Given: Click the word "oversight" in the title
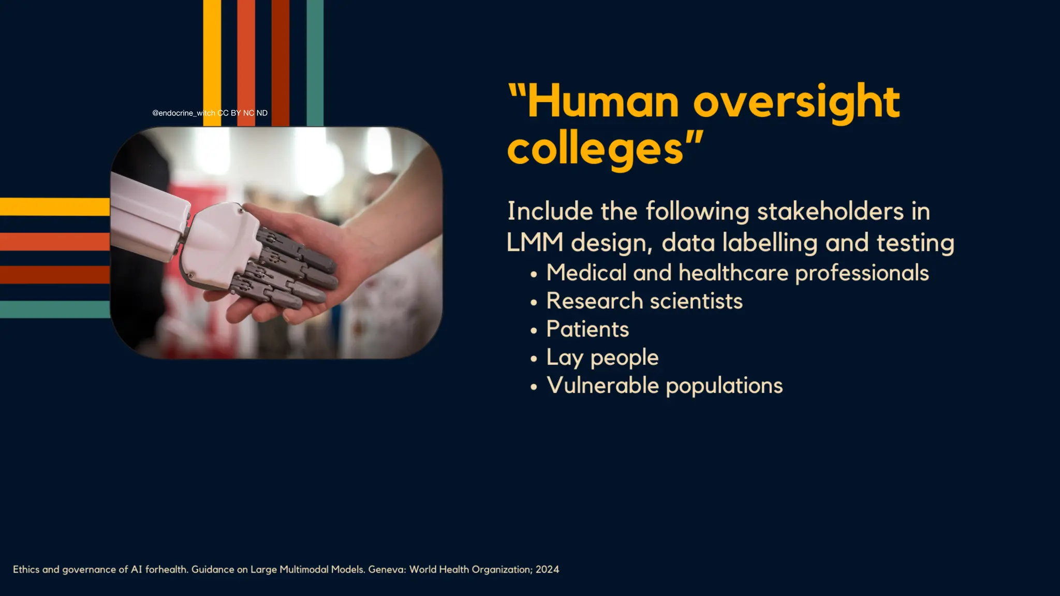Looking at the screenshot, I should [x=797, y=102].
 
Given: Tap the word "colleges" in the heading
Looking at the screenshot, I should [x=595, y=150].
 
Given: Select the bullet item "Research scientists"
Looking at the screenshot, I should [x=644, y=301].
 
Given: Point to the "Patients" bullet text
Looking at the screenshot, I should [x=587, y=330].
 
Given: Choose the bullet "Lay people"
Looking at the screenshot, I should [x=602, y=358].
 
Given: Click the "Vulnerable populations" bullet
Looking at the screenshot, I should [x=665, y=386].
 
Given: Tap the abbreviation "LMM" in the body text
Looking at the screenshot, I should [x=535, y=243].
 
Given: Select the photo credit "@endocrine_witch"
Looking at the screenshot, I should [x=183, y=113].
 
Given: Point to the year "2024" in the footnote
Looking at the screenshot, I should [x=547, y=570].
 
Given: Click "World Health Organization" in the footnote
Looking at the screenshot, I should [x=470, y=570].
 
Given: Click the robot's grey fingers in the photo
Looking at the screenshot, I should [x=290, y=269].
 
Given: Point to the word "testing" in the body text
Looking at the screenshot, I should [x=915, y=243].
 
